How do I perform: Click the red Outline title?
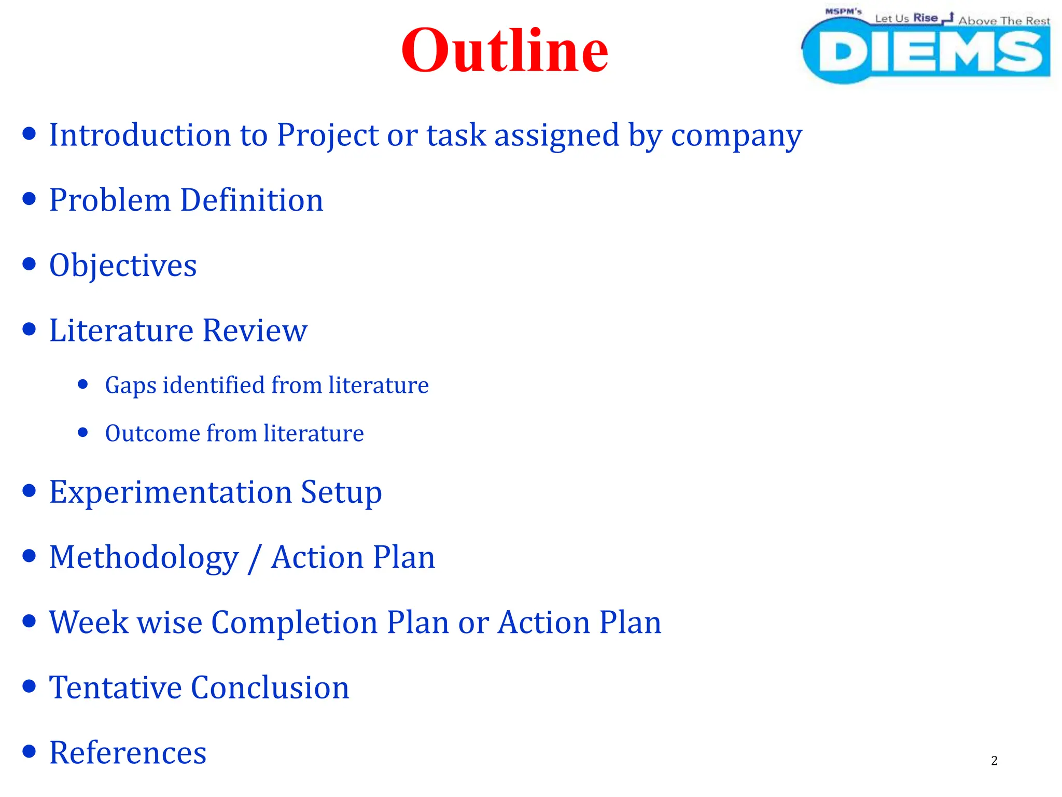505,51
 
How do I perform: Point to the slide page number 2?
994,761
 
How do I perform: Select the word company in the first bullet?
736,136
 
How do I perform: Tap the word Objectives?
123,266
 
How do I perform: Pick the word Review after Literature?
255,331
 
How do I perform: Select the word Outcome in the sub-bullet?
152,433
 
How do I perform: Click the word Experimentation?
171,492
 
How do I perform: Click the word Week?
89,622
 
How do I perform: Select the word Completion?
294,623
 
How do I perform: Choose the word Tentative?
115,688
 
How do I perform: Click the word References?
128,753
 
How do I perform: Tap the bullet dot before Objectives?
30,264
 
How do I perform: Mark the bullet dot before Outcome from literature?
83,432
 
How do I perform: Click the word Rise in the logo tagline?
925,18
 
